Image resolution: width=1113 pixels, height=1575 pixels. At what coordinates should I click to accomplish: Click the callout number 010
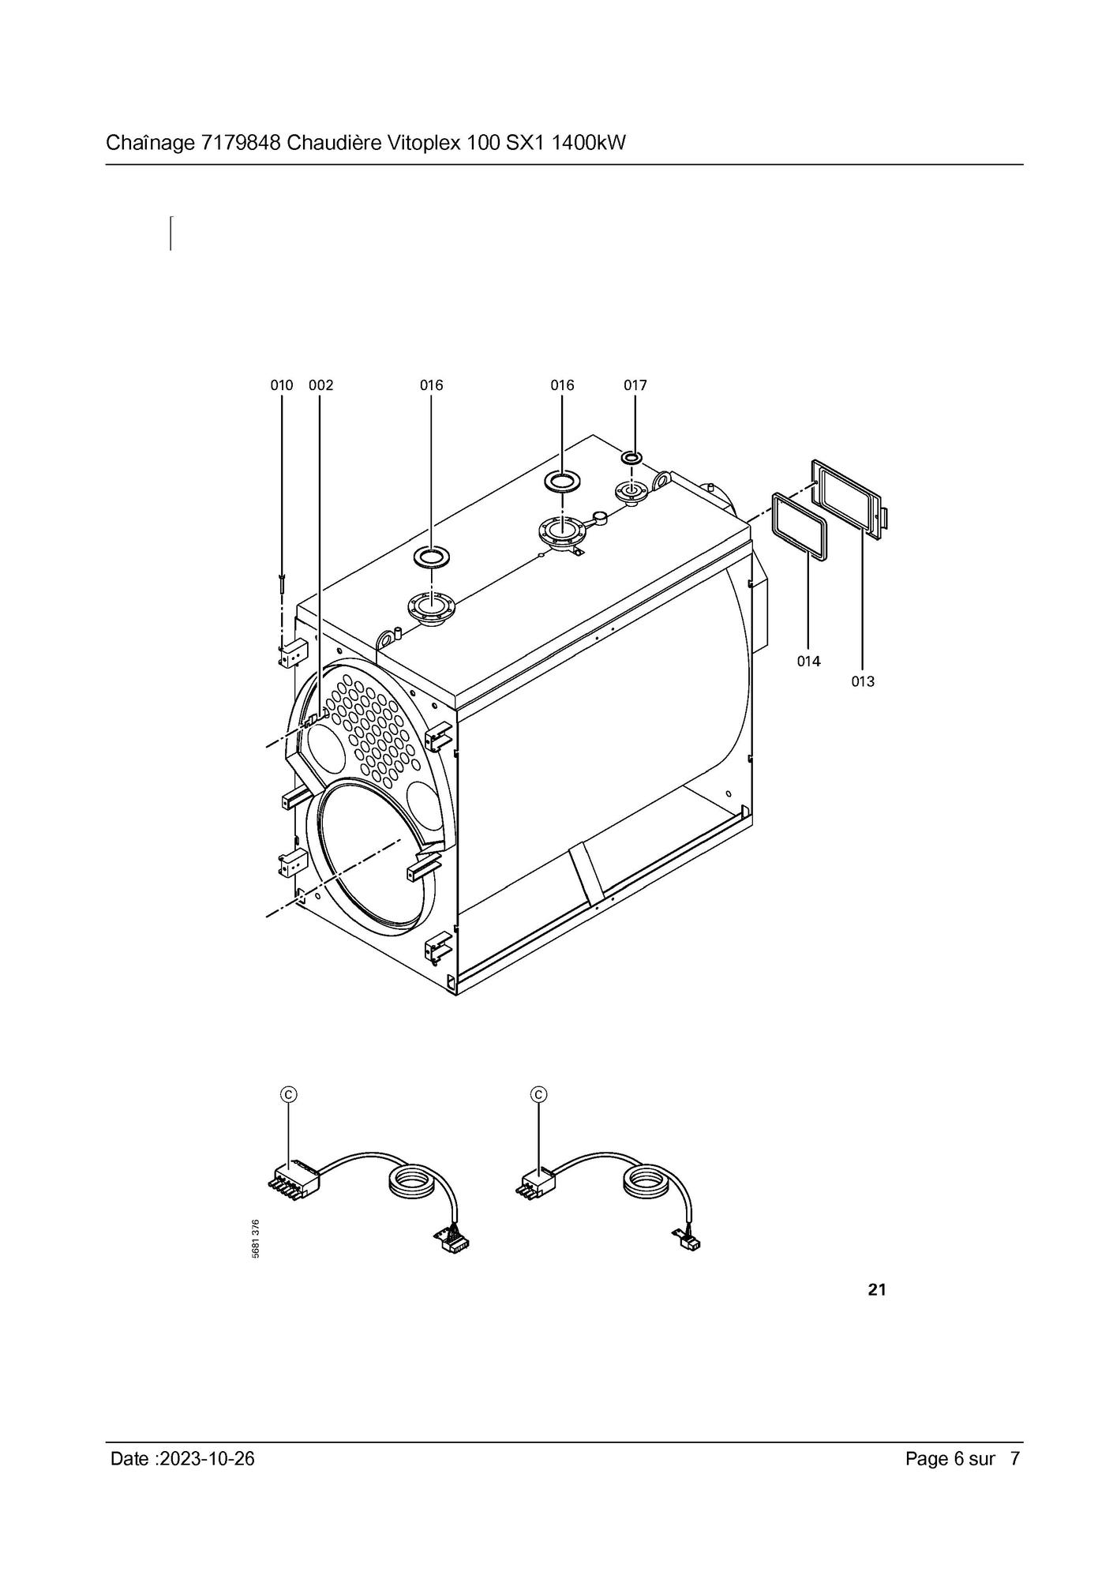click(282, 385)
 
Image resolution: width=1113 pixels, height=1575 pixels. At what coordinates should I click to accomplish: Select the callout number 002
click(321, 385)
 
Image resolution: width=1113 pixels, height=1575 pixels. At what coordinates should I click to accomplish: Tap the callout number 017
click(635, 385)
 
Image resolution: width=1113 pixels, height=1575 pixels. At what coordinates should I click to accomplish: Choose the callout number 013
click(863, 681)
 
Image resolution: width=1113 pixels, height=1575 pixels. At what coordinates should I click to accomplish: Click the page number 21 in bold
click(877, 1290)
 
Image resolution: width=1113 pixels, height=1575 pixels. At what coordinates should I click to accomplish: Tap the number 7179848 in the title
click(242, 143)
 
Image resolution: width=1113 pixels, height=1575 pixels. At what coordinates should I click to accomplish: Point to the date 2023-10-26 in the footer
click(207, 1459)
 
